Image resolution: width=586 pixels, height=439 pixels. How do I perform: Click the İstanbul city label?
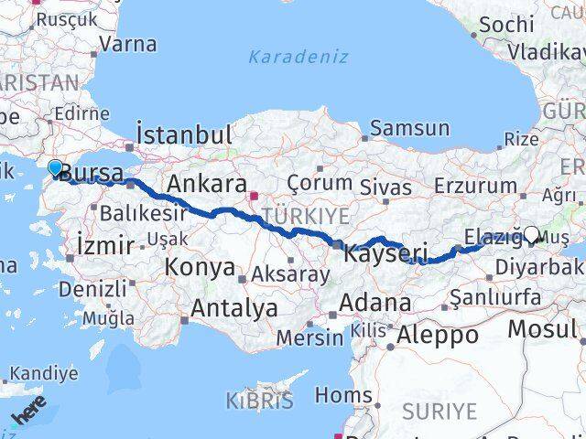(x=183, y=134)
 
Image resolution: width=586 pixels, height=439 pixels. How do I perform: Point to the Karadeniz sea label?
(x=298, y=57)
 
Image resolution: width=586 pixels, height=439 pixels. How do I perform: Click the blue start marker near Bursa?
(x=55, y=167)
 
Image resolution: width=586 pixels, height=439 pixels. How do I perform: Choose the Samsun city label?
(x=411, y=129)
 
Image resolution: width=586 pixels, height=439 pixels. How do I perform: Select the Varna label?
(x=127, y=44)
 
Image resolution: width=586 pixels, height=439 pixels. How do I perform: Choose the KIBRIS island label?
(x=260, y=400)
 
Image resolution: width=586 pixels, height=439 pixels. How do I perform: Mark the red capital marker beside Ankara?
(x=256, y=194)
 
